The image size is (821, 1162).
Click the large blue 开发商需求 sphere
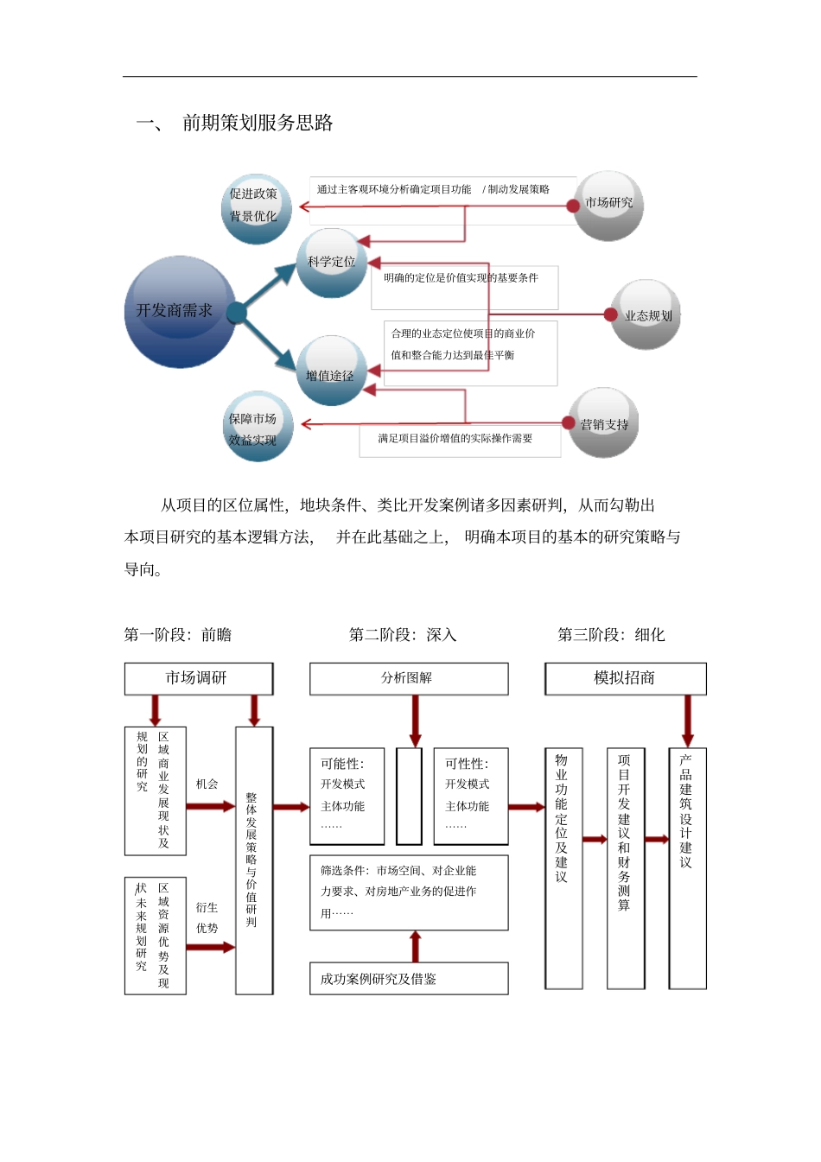[x=180, y=312]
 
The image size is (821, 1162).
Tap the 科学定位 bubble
[x=332, y=263]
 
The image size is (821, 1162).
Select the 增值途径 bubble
[x=330, y=371]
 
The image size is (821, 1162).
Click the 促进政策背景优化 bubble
[x=255, y=206]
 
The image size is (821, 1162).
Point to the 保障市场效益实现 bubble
[x=256, y=427]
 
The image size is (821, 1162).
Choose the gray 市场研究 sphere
[x=609, y=204]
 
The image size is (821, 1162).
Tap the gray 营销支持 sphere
[x=604, y=423]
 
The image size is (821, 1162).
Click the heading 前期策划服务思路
[x=258, y=123]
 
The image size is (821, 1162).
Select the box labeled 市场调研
[x=198, y=678]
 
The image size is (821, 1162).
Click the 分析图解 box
[x=408, y=678]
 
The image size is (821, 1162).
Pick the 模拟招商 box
[x=625, y=678]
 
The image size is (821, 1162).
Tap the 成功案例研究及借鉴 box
[x=408, y=979]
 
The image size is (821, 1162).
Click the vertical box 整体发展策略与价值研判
[x=253, y=860]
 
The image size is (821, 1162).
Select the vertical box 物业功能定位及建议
[x=563, y=867]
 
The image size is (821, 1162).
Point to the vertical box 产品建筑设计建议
[x=687, y=867]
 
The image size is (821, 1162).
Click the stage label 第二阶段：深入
[x=403, y=635]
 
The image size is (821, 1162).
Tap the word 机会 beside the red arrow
[x=207, y=784]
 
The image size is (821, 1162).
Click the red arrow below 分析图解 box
[x=415, y=720]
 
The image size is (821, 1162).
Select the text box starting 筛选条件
[x=408, y=892]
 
